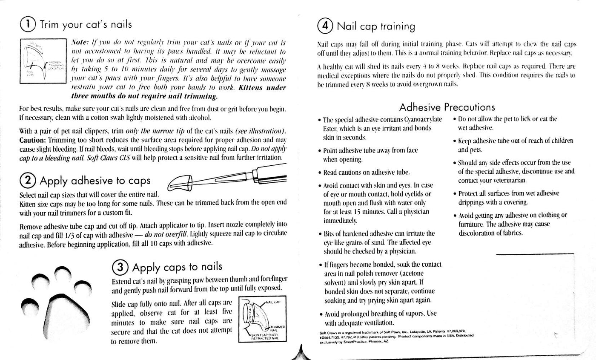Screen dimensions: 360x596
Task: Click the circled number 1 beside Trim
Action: [x=29, y=24]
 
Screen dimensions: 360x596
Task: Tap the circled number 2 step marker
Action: [x=29, y=181]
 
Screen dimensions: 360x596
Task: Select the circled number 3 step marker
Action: [x=120, y=267]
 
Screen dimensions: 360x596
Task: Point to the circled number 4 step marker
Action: [x=326, y=26]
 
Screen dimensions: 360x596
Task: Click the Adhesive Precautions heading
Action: [x=447, y=107]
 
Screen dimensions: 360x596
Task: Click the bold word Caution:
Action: [x=33, y=140]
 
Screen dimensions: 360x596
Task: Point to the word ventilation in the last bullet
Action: [x=372, y=323]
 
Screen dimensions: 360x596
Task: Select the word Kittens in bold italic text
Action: [x=254, y=88]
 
